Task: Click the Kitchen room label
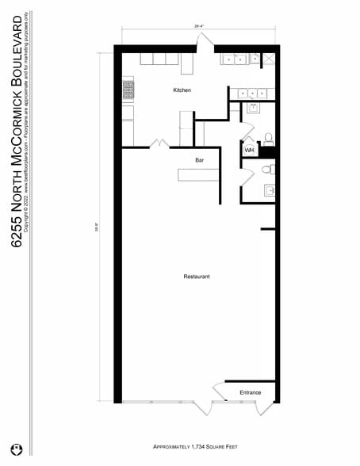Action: pyautogui.click(x=182, y=90)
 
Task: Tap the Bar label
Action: pyautogui.click(x=200, y=160)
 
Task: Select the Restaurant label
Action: pyautogui.click(x=196, y=277)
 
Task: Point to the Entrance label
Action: pyautogui.click(x=251, y=392)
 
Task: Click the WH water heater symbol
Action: pyautogui.click(x=249, y=150)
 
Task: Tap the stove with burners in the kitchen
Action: pyautogui.click(x=128, y=90)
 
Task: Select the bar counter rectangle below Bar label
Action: pyautogui.click(x=198, y=174)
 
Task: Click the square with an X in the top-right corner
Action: pyautogui.click(x=269, y=58)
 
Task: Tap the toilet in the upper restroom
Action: pyautogui.click(x=268, y=139)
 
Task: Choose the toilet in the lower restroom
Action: pyautogui.click(x=267, y=169)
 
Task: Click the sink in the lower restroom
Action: pyautogui.click(x=269, y=191)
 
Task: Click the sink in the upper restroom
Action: pyautogui.click(x=254, y=107)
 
